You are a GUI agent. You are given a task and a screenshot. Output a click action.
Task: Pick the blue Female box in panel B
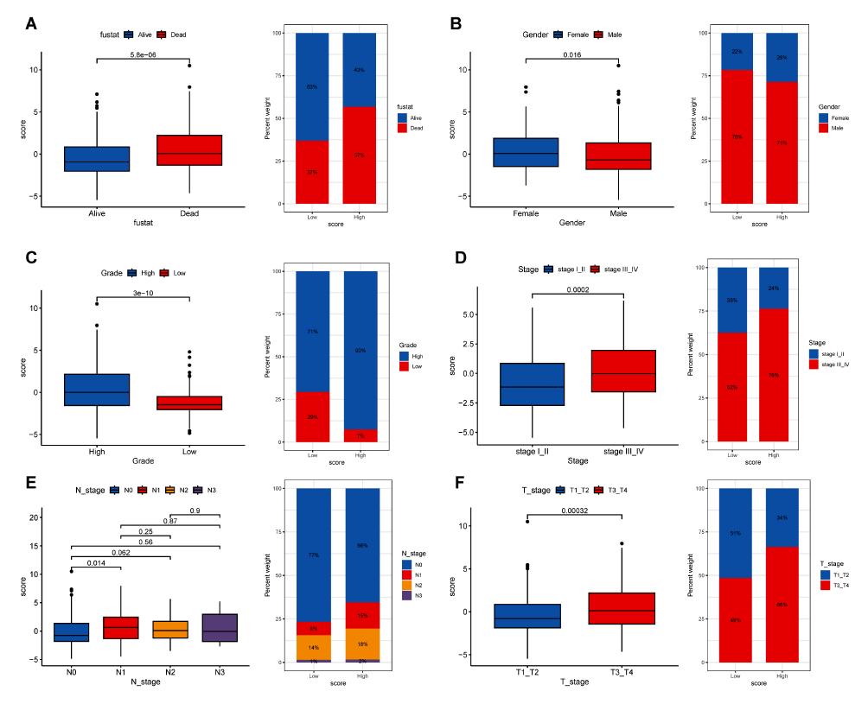526,152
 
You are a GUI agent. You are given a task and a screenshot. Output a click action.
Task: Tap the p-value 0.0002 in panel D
578,290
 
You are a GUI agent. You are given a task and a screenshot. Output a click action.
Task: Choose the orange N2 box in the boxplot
170,629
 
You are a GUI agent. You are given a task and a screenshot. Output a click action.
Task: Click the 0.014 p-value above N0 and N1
96,563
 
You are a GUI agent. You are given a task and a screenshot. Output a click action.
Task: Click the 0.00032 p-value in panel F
578,510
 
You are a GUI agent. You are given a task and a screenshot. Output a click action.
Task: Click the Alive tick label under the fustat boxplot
96,213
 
